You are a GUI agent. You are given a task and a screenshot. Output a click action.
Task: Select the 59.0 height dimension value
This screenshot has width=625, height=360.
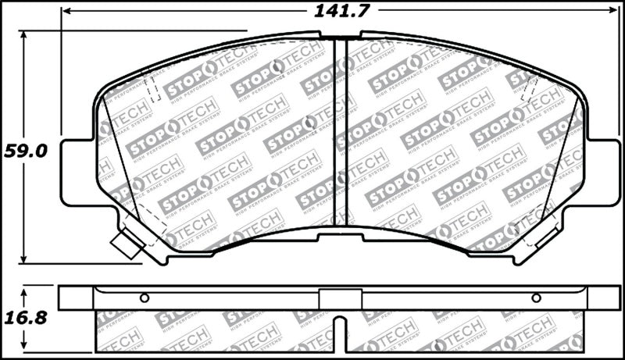(26, 150)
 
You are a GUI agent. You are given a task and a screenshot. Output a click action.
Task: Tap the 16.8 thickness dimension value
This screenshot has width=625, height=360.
(26, 318)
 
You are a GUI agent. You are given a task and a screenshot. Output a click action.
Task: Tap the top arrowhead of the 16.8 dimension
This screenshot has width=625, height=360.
(24, 290)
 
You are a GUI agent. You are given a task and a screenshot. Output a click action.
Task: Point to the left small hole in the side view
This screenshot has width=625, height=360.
(144, 298)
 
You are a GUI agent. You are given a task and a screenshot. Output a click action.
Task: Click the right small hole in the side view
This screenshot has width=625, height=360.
(536, 298)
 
